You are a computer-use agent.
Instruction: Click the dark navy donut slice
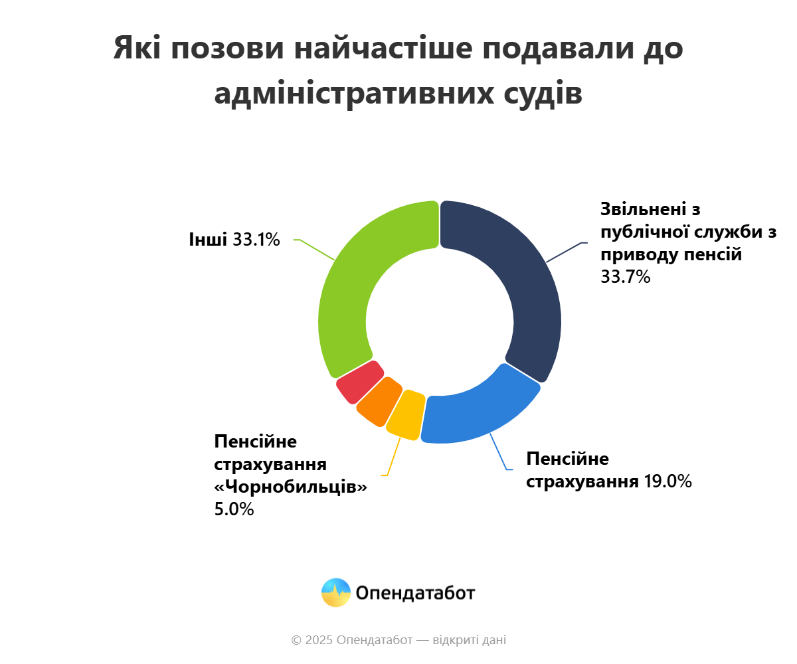point(525,286)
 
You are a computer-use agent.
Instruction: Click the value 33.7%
point(625,277)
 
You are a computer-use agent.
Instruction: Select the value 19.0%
point(667,481)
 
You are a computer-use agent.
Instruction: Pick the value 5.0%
point(234,510)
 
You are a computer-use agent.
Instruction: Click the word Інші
point(208,240)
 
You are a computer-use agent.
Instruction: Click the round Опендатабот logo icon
point(335,592)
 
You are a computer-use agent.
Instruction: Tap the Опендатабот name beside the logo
point(416,592)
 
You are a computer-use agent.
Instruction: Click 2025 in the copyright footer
point(319,640)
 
